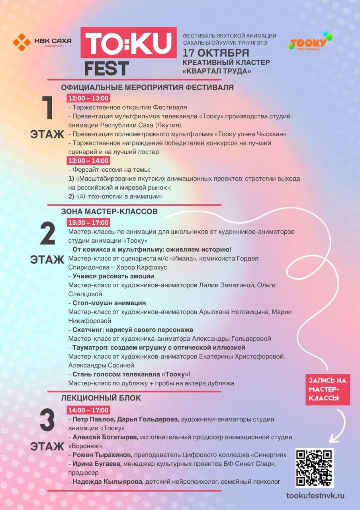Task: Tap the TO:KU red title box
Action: coord(129,43)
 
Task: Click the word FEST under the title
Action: coord(106,69)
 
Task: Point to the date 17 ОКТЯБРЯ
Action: coord(216,53)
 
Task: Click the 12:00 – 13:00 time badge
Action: coord(89,98)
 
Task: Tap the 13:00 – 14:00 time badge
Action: coord(89,161)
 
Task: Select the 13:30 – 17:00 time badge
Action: coord(89,222)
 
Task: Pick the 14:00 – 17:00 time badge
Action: coord(89,410)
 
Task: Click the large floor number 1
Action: coord(48,108)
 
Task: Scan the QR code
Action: coord(314,468)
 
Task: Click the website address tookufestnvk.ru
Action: coord(315,496)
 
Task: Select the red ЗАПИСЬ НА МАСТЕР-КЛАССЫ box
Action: coord(328,389)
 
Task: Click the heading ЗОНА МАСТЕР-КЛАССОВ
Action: coord(110,211)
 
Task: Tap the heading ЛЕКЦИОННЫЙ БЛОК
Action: coord(101,398)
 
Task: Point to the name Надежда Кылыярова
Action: coord(108,482)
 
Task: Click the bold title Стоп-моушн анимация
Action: coord(109,303)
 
